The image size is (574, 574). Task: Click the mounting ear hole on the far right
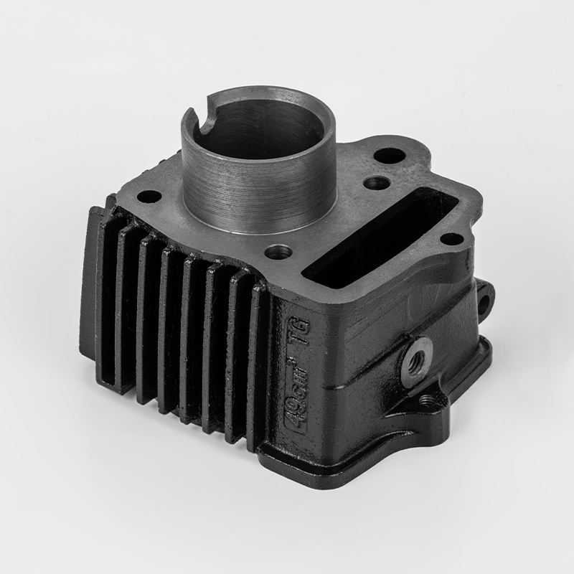(486, 294)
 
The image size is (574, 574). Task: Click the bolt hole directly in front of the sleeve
(278, 253)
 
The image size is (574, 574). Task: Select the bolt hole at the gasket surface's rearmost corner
(387, 154)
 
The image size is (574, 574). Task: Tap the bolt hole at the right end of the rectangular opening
(450, 239)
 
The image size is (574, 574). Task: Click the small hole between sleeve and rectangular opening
(375, 183)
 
